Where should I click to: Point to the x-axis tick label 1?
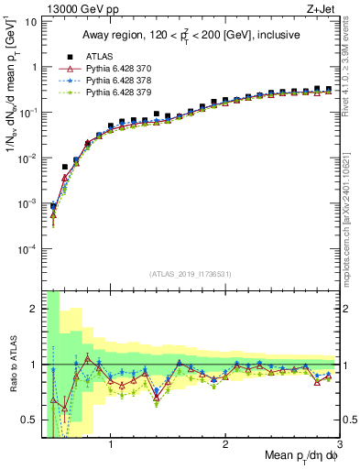coord(111,445)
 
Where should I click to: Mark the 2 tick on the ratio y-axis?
coord(34,309)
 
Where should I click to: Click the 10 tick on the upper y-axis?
coord(30,22)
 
